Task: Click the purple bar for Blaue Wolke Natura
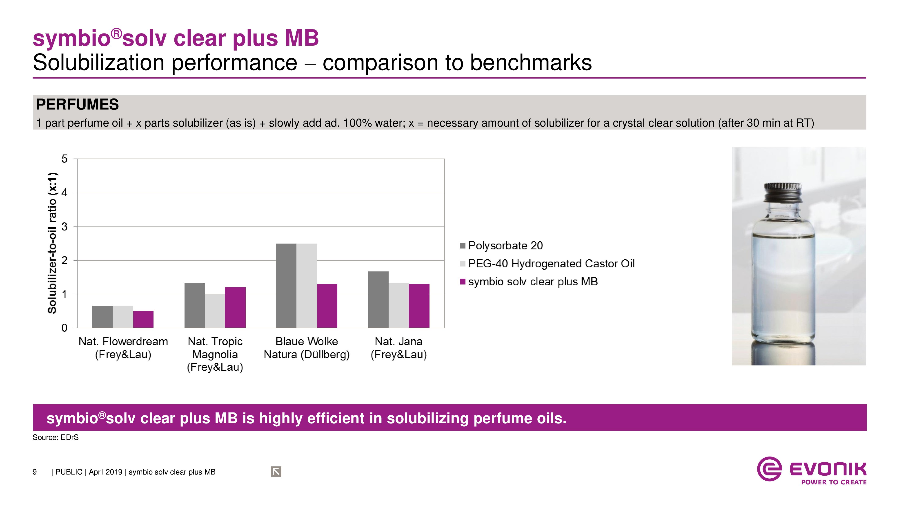tap(327, 306)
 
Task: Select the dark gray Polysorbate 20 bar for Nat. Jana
tap(378, 299)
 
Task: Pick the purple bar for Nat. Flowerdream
tap(143, 319)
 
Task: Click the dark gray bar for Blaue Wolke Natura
tap(286, 285)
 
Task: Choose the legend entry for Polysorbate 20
tap(505, 246)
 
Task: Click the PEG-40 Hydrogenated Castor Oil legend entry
tap(551, 263)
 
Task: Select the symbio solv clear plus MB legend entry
tap(533, 282)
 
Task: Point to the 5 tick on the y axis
tap(65, 159)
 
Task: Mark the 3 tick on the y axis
tap(65, 227)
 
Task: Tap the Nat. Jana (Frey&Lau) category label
tap(398, 348)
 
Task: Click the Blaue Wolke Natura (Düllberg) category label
tap(306, 348)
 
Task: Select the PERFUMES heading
tap(78, 104)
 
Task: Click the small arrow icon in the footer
tap(276, 472)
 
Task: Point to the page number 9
tap(35, 472)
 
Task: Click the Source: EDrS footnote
tap(56, 437)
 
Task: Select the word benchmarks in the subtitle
tap(530, 63)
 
